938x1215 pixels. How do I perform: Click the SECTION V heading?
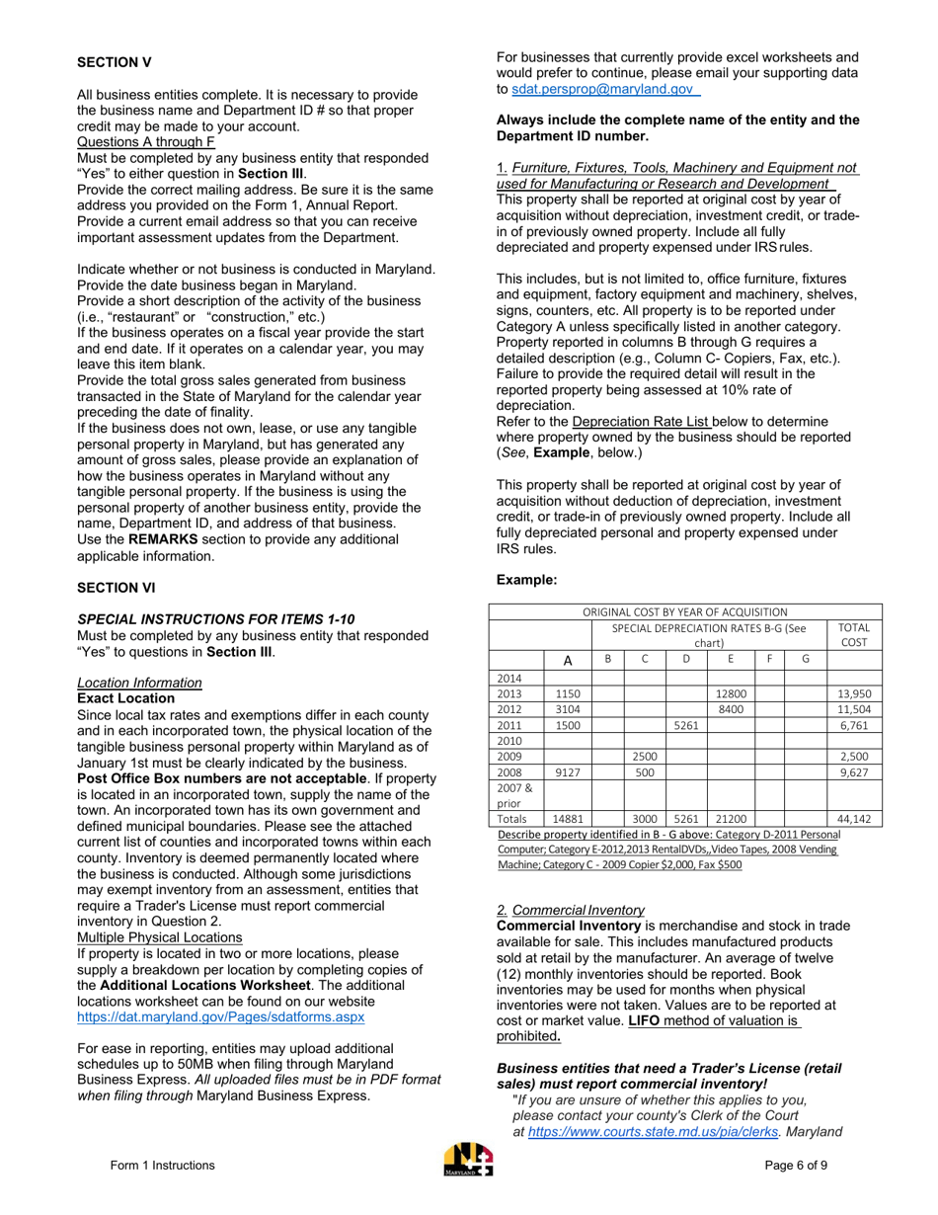(115, 62)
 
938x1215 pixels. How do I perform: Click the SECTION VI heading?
(117, 588)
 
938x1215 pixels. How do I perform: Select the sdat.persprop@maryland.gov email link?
(601, 89)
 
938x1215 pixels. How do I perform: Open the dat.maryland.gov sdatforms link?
(220, 1016)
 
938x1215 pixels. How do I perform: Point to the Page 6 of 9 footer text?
(796, 1165)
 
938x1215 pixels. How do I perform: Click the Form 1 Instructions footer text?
(162, 1165)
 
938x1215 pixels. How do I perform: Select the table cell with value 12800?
(730, 693)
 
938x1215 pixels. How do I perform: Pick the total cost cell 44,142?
(853, 819)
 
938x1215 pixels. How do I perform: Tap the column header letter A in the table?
(567, 660)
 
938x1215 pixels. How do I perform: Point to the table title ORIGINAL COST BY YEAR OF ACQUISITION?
(684, 611)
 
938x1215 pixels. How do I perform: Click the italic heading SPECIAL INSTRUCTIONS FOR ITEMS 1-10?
(215, 619)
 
